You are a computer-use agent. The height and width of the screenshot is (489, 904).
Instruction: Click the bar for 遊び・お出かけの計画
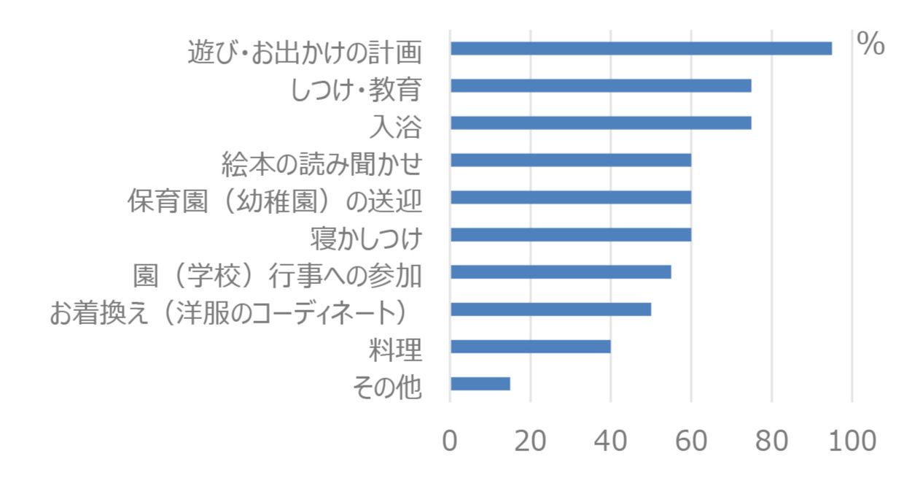641,48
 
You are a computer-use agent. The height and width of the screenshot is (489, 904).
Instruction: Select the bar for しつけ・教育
601,86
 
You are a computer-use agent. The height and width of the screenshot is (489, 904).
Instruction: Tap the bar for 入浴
601,123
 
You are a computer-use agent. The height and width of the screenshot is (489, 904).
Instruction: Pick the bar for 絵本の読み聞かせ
571,161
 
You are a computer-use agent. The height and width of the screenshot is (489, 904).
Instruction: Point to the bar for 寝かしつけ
571,235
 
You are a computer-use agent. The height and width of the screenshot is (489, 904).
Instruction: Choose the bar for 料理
531,347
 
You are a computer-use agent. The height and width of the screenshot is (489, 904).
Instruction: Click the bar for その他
480,384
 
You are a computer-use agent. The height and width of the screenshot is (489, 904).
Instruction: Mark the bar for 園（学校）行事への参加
561,272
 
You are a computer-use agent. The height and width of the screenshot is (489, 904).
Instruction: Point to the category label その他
386,387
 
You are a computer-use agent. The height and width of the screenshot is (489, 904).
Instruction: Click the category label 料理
396,350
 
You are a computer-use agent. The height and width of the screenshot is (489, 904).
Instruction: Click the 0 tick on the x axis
451,442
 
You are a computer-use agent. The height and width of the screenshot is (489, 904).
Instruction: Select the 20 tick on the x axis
531,442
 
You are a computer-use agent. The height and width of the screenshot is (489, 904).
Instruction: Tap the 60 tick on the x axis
691,442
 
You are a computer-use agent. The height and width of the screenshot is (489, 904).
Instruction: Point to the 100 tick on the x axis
852,442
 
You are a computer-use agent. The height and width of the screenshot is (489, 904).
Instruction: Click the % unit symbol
870,45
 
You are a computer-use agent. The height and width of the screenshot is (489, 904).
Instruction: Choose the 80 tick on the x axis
771,442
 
